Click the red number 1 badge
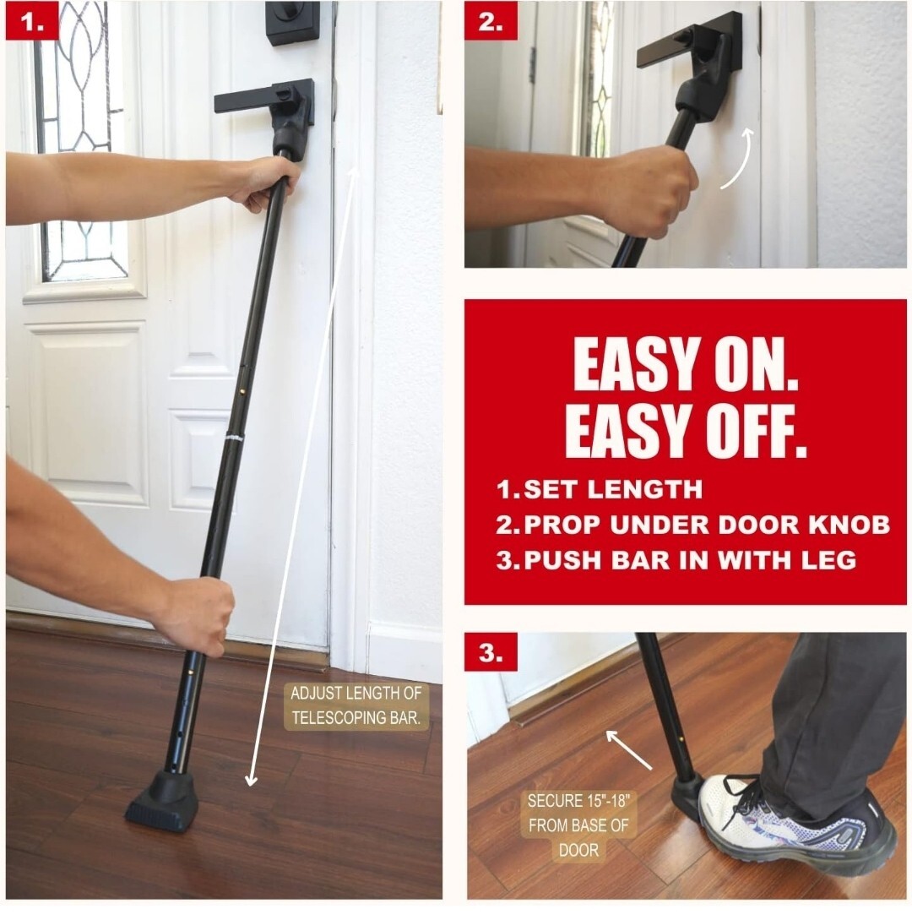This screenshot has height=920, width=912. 32,22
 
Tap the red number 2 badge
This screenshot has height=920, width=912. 491,22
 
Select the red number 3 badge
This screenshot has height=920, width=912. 491,652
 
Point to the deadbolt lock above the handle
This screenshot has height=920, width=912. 293,22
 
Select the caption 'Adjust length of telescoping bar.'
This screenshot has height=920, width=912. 356,706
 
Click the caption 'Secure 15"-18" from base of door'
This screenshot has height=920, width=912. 578,825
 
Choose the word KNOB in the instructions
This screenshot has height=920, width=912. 850,525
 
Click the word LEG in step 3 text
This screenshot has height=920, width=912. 828,560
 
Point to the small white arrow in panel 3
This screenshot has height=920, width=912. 628,749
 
